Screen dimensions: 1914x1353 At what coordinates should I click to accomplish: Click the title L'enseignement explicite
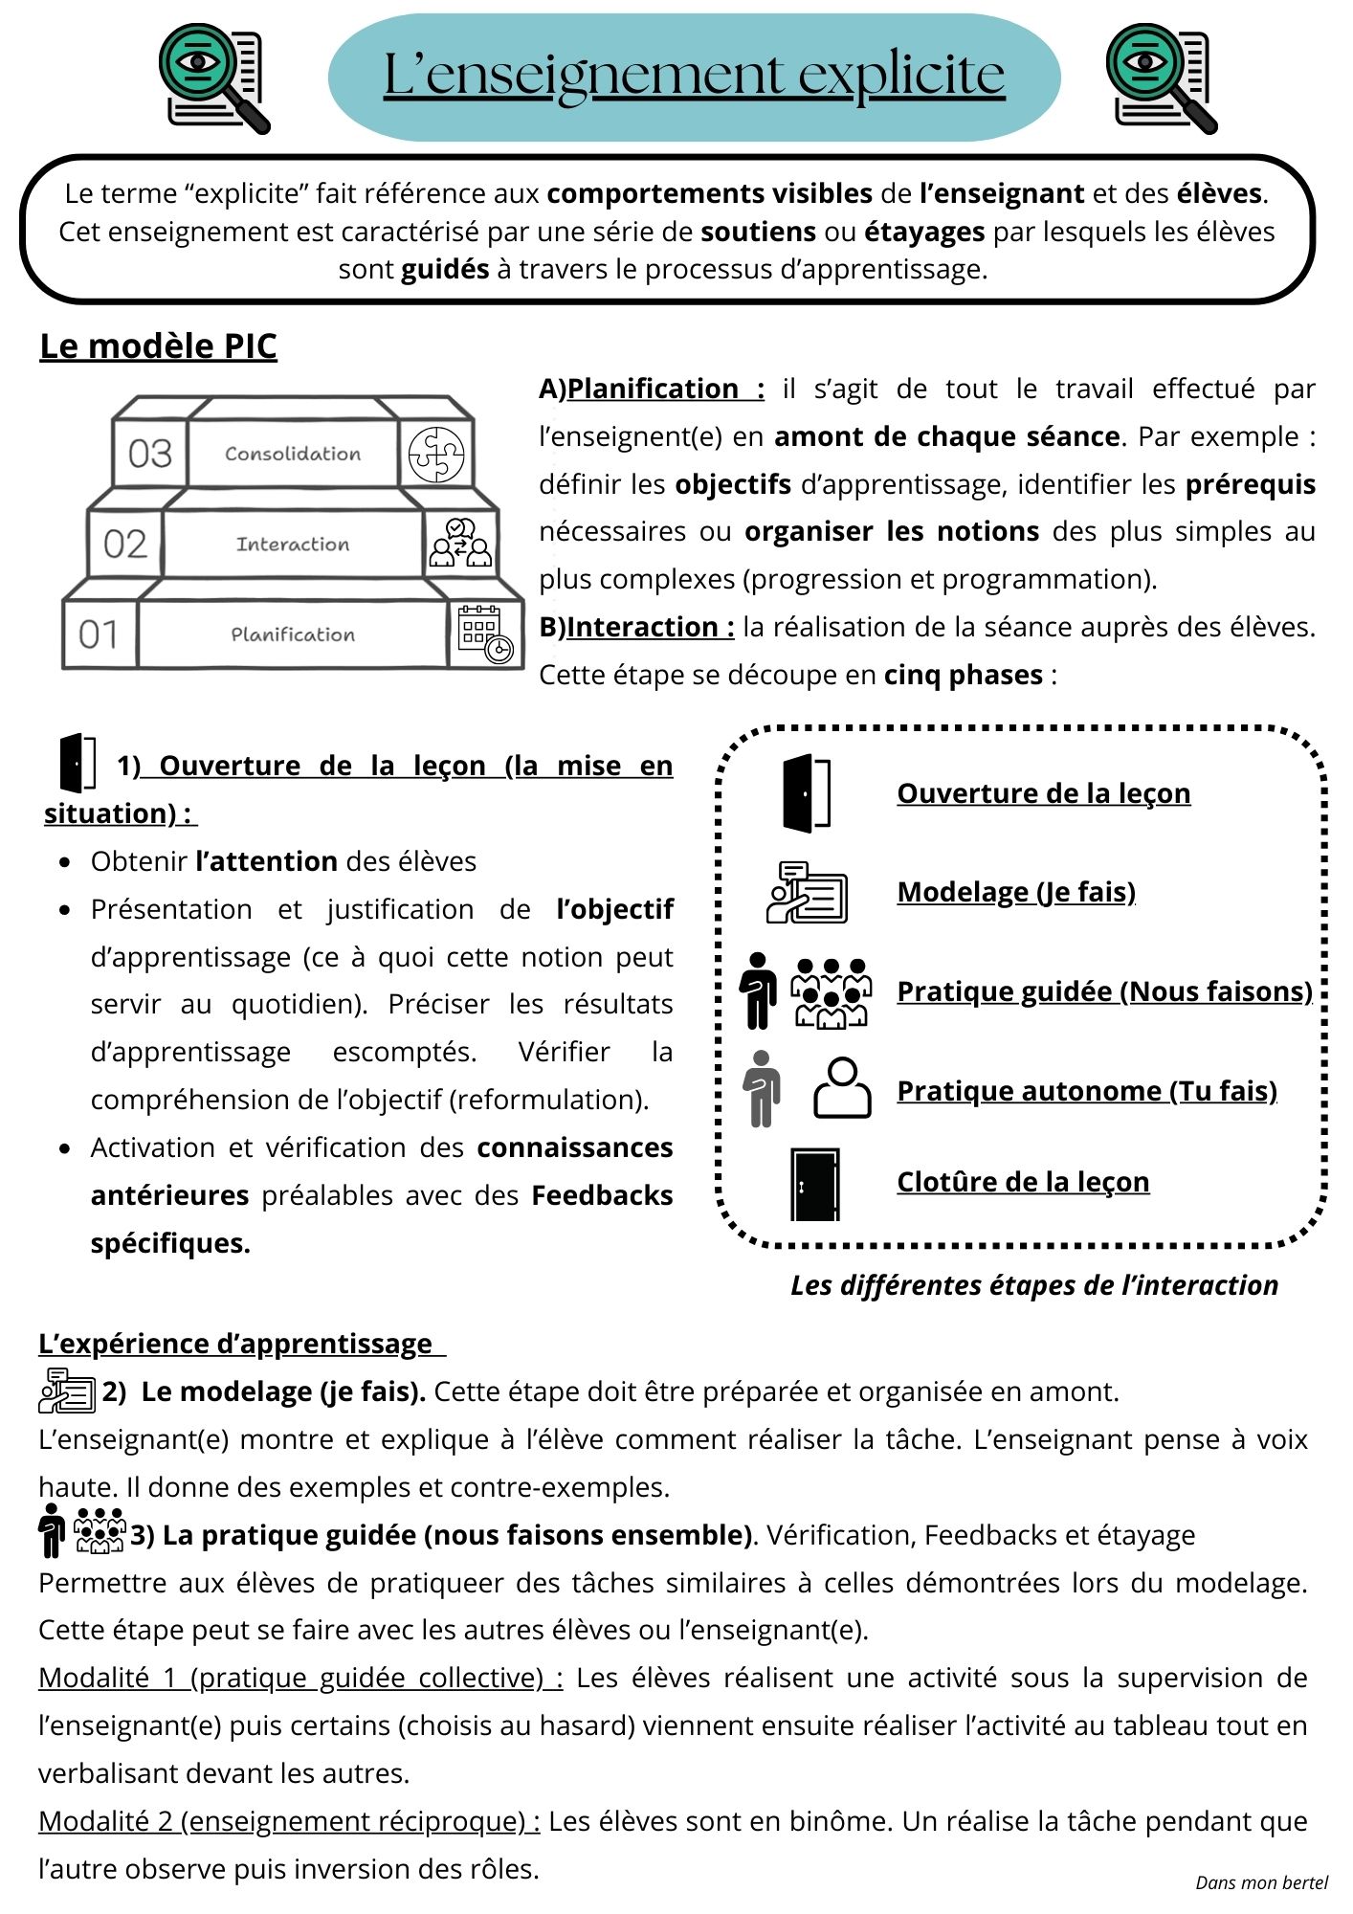pos(694,77)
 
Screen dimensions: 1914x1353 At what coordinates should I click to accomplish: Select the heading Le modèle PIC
pos(158,346)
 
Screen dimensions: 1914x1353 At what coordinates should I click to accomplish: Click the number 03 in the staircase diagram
pos(150,454)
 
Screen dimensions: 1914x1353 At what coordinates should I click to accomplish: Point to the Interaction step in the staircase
pos(293,545)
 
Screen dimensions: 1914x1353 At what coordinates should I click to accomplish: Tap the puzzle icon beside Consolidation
pos(436,455)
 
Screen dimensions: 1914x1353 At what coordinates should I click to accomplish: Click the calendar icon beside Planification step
pos(485,634)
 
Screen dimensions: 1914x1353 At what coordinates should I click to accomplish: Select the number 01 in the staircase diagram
pos(100,634)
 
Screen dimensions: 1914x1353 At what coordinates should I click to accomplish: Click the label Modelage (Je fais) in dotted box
pos(1016,892)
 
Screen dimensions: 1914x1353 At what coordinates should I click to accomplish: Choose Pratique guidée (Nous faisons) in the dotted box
pos(1104,991)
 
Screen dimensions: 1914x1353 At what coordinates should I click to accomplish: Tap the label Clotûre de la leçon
pos(1023,1182)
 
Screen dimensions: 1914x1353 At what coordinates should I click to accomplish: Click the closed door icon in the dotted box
pos(814,1184)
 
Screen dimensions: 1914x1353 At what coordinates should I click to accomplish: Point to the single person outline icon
pos(842,1088)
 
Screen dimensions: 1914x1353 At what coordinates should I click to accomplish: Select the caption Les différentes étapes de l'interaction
pos(1033,1285)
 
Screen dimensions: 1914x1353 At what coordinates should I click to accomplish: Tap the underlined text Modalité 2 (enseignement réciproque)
pos(289,1821)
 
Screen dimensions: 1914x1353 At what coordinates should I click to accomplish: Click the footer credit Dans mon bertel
pos(1261,1883)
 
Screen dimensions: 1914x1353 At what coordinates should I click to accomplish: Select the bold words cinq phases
pos(963,675)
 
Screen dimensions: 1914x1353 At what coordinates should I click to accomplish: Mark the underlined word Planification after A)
pos(654,389)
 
